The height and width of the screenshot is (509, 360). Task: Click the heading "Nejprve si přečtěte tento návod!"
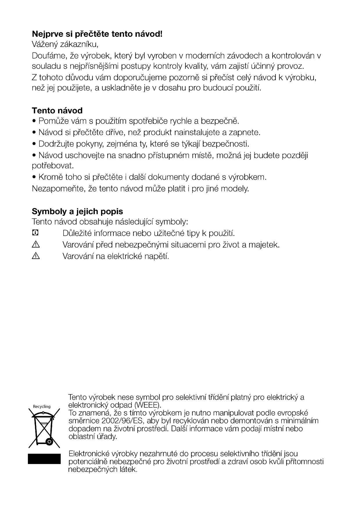point(97,34)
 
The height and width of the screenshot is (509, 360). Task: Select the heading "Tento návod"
point(57,111)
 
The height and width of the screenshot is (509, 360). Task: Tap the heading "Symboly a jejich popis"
point(77,211)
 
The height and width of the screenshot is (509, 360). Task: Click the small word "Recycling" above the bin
point(42,407)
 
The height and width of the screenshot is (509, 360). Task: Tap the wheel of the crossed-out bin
point(49,442)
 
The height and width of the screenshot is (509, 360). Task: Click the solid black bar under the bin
point(44,459)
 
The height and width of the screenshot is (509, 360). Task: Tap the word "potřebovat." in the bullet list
point(53,166)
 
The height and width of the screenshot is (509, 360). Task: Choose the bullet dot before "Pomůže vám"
point(34,121)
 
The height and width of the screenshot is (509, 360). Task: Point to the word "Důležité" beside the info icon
point(77,233)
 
